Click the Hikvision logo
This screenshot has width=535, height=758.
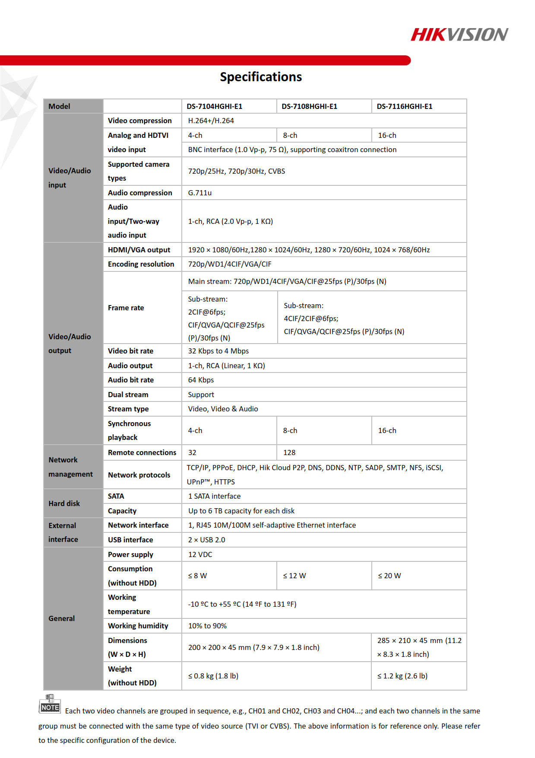pos(459,35)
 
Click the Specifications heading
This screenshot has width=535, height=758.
pos(261,77)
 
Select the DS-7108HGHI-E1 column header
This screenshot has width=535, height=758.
pos(309,106)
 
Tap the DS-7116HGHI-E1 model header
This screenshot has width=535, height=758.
pos(404,106)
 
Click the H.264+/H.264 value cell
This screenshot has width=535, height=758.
pos(211,121)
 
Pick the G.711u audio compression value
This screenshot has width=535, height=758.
pos(200,193)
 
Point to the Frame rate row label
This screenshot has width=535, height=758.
pos(126,308)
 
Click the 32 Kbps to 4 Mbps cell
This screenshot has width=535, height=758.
pos(218,351)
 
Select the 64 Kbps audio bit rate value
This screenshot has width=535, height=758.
pos(201,380)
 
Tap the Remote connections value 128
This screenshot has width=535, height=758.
pos(289,452)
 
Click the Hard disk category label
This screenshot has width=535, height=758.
pos(64,503)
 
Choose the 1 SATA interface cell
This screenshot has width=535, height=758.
pos(214,496)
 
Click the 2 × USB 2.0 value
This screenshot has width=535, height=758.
pos(206,540)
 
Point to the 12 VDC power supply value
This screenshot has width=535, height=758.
pos(200,554)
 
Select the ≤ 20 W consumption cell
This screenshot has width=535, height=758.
pos(389,576)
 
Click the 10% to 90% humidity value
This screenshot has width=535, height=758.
pos(207,626)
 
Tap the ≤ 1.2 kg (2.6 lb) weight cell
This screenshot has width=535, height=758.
pos(402,676)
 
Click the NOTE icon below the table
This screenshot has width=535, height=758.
pos(50,704)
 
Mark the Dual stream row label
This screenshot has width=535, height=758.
pos(128,395)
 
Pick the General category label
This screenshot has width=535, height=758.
pos(61,618)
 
